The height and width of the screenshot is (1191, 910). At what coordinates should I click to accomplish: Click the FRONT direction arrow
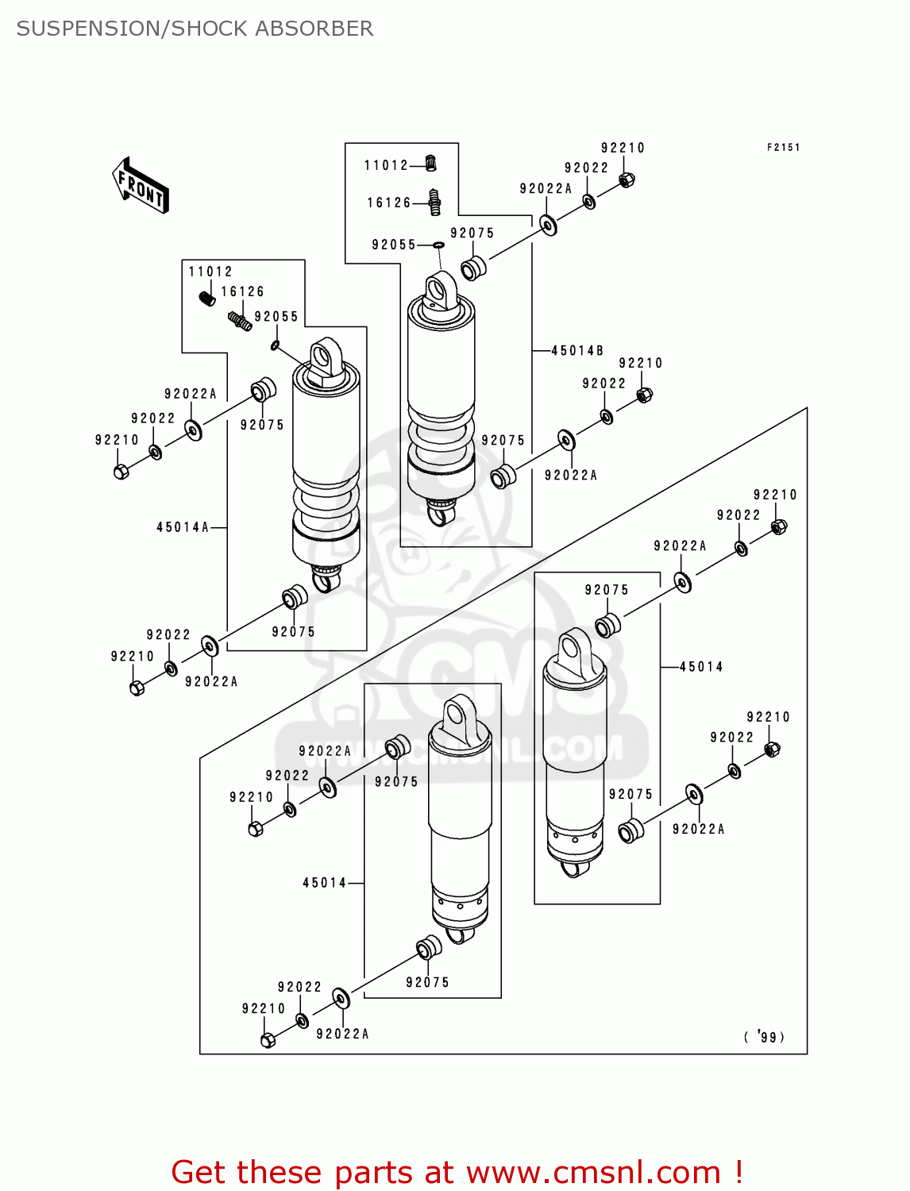point(141,186)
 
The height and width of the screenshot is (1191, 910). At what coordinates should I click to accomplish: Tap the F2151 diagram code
point(783,147)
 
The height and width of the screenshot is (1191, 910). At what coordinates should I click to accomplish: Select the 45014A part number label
point(183,527)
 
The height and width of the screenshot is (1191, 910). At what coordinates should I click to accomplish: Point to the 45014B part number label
point(577,350)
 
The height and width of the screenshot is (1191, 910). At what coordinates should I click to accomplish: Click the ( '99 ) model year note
point(764,1036)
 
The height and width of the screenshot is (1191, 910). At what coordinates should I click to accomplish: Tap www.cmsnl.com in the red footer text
point(593,1172)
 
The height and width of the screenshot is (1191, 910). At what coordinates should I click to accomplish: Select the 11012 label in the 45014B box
point(386,165)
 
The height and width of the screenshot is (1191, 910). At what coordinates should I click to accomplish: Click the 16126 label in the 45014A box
point(242,291)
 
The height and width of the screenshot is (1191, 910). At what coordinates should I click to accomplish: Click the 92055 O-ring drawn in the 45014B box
point(438,245)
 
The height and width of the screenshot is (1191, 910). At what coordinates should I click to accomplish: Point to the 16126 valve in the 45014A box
point(241,321)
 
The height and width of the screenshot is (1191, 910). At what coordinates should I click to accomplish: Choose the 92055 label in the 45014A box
point(276,316)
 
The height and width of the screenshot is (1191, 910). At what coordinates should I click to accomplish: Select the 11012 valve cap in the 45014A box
point(206,299)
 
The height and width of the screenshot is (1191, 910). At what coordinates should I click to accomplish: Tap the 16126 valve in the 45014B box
point(434,202)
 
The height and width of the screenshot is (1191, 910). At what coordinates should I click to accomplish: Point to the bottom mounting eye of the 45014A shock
point(325,583)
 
